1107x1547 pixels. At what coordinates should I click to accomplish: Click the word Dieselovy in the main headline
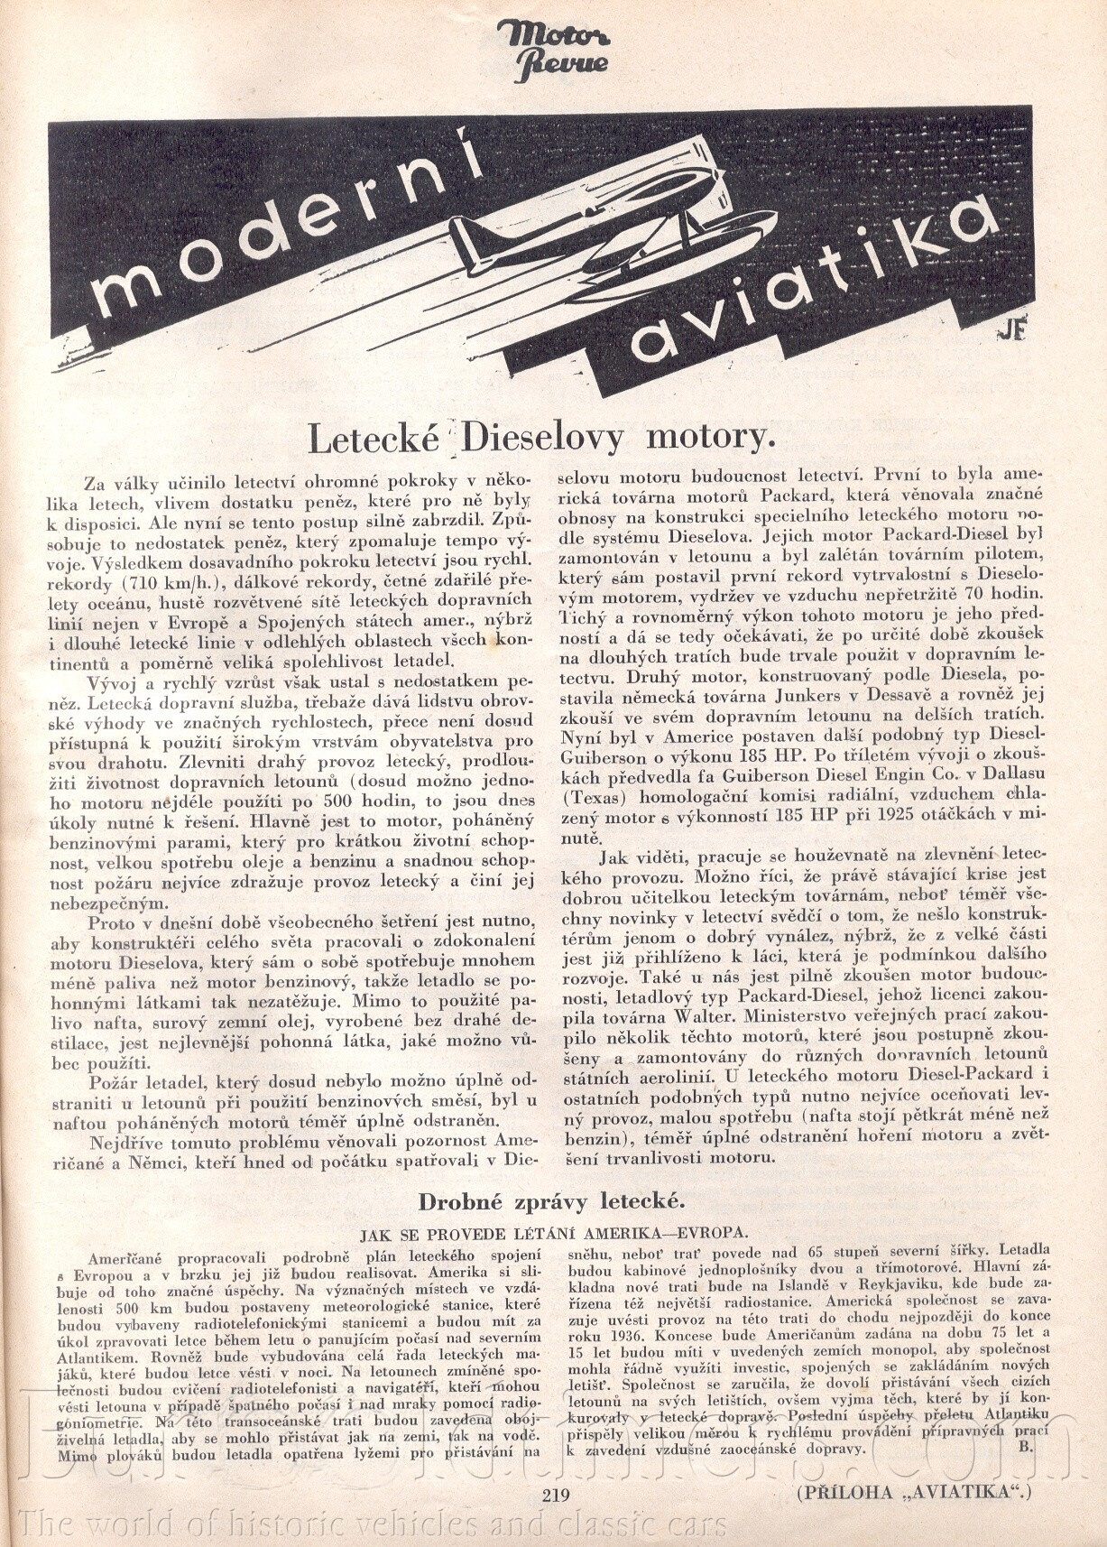point(542,438)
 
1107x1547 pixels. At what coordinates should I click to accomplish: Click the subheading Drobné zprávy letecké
point(551,1201)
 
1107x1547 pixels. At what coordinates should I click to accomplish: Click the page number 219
point(556,1494)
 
